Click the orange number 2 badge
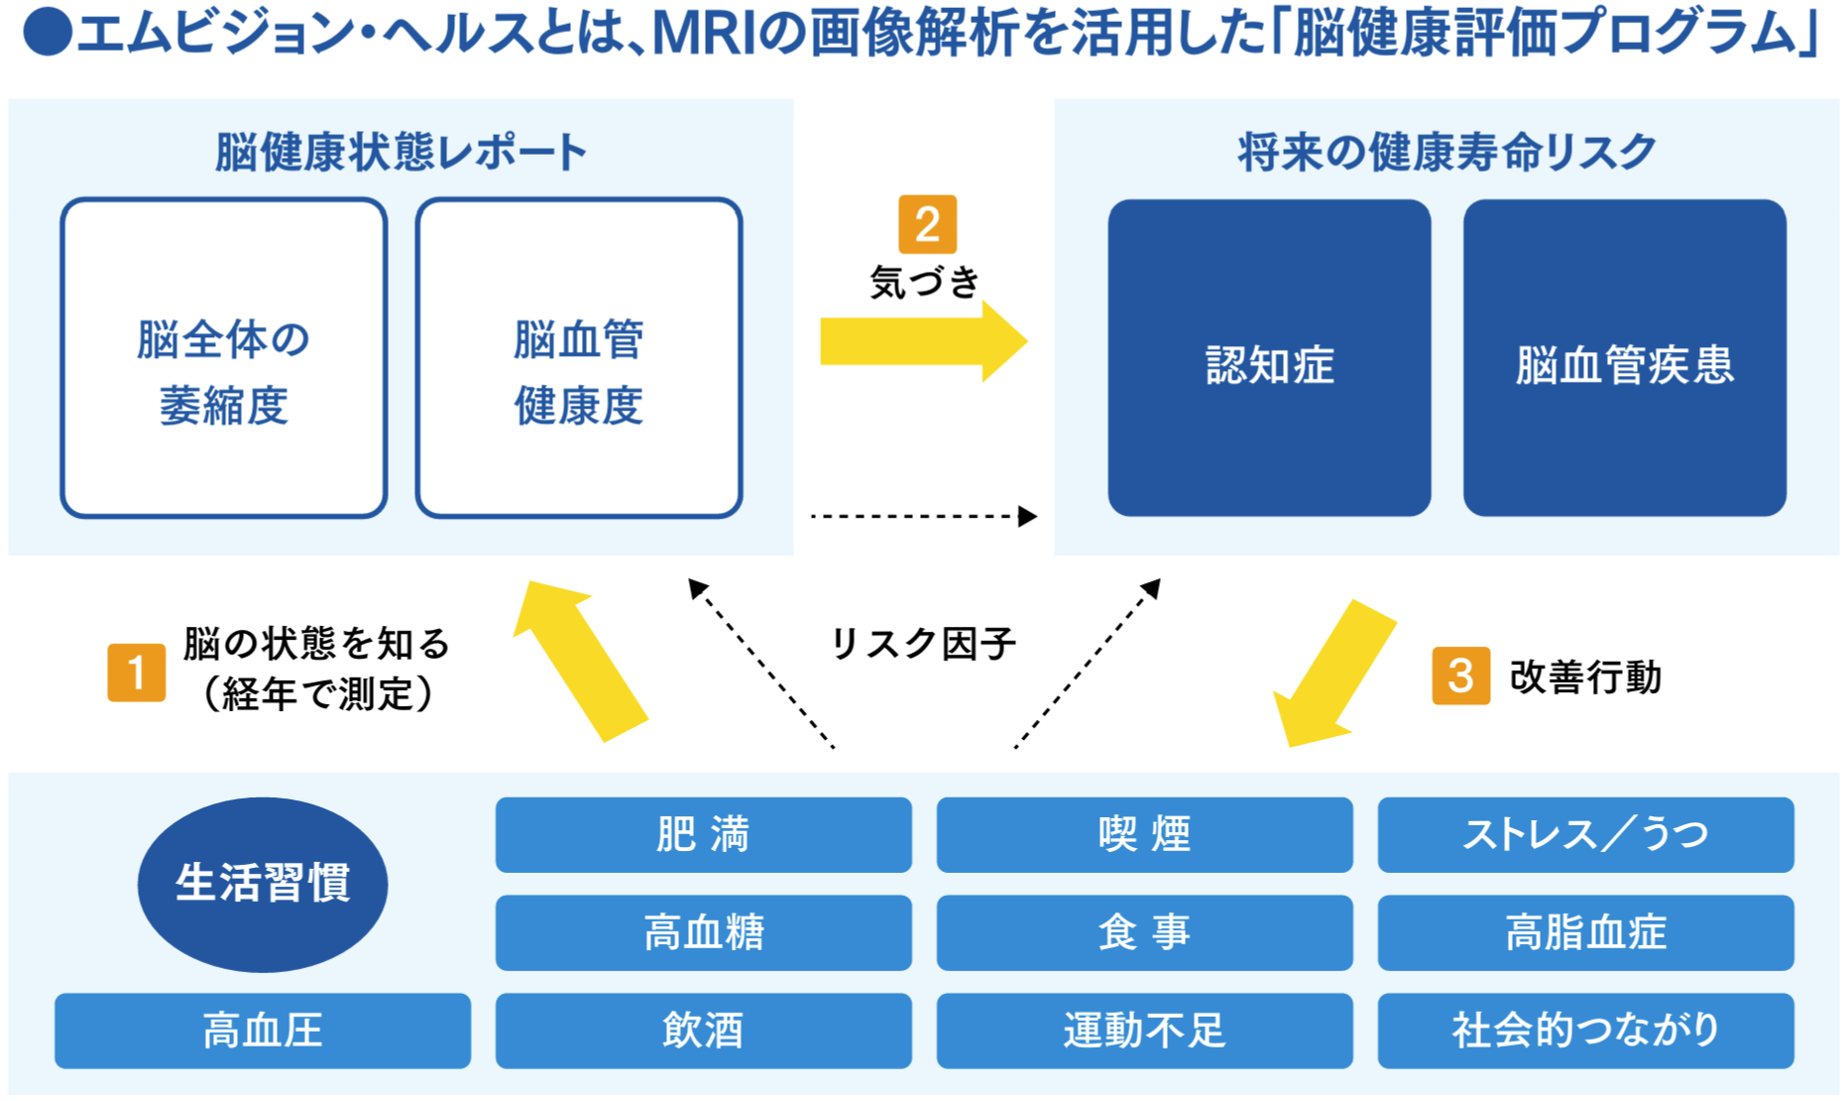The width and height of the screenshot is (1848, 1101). click(927, 224)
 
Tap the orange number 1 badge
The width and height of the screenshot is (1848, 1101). click(137, 673)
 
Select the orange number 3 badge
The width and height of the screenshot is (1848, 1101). click(1460, 675)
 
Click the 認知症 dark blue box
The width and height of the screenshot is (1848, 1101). click(1269, 358)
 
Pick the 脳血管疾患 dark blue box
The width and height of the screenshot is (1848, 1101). click(1624, 358)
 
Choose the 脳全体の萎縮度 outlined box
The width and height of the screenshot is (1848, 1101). click(224, 358)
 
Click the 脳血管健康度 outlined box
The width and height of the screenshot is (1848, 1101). click(579, 358)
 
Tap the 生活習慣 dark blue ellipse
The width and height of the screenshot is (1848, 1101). click(263, 884)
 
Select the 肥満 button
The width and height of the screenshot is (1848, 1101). click(703, 835)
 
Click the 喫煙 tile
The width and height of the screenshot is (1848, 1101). click(1144, 835)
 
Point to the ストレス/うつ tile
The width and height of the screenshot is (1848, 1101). click(1585, 835)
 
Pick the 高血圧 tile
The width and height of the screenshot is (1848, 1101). click(263, 1031)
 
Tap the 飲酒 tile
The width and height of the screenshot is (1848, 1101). click(703, 1031)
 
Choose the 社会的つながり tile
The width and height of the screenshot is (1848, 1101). click(1585, 1031)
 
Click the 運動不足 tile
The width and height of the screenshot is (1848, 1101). click(1144, 1031)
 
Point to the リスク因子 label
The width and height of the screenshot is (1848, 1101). click(922, 644)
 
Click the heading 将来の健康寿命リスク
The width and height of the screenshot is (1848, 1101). click(1446, 153)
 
